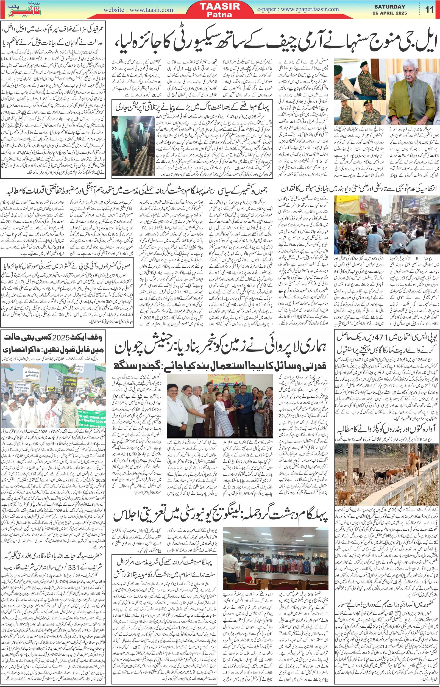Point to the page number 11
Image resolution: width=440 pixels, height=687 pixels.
pos(430,10)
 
